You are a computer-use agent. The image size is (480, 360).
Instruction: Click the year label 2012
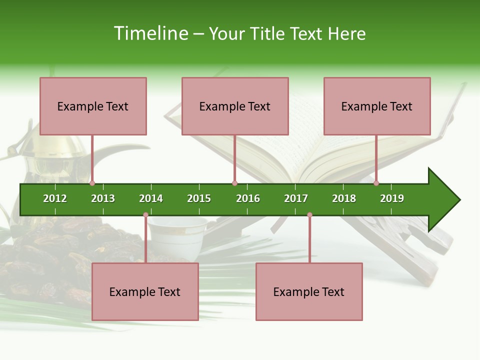pos(55,198)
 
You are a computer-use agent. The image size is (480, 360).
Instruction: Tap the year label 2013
pos(103,198)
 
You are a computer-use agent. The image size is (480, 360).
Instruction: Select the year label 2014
pos(151,198)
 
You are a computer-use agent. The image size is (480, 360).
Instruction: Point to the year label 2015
pos(199,198)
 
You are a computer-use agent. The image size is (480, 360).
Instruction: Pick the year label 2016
pos(248,198)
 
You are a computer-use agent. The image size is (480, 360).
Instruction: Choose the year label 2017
pos(296,198)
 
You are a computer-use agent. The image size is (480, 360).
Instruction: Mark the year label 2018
pos(344,198)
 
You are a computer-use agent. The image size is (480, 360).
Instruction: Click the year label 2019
pos(392,198)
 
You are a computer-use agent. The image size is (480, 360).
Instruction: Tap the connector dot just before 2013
pos(92,183)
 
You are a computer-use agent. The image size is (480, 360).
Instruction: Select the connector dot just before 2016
pos(234,183)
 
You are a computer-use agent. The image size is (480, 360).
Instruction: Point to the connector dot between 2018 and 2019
pos(376,183)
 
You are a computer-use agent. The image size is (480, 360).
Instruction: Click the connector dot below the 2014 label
pos(145,215)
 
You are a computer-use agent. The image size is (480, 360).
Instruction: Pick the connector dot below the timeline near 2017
pos(309,215)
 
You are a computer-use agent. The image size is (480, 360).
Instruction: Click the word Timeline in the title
pos(150,33)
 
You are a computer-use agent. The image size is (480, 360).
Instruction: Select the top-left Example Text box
pos(93,106)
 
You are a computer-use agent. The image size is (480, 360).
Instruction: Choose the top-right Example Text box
pos(377,106)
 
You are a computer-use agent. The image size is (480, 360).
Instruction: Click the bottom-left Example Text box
pos(145,291)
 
